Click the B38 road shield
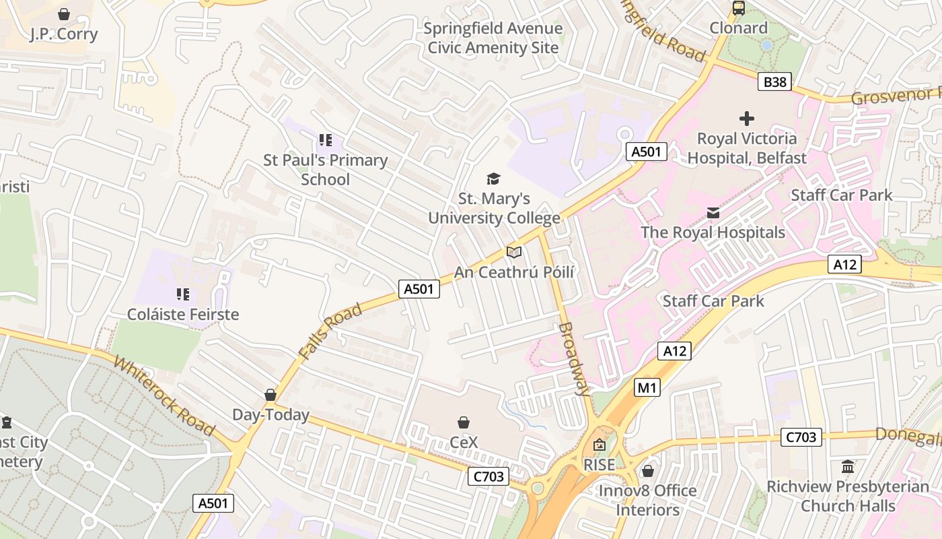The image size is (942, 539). pyautogui.click(x=774, y=82)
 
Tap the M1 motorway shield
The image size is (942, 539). pyautogui.click(x=647, y=387)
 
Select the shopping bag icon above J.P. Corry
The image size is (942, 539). pyautogui.click(x=64, y=14)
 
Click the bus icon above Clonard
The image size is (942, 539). pyautogui.click(x=738, y=8)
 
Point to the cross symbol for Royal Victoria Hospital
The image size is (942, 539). pyautogui.click(x=746, y=119)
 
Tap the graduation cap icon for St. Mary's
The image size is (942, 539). pyautogui.click(x=494, y=179)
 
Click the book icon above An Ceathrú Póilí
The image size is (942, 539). pyautogui.click(x=514, y=252)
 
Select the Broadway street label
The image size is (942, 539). pyautogui.click(x=574, y=358)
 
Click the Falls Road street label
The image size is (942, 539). pyautogui.click(x=330, y=331)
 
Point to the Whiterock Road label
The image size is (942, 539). pyautogui.click(x=164, y=397)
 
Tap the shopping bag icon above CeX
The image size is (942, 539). pyautogui.click(x=464, y=422)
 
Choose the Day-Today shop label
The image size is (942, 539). pyautogui.click(x=270, y=414)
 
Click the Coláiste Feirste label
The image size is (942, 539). pyautogui.click(x=183, y=314)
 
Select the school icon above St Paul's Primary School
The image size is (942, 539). pyautogui.click(x=326, y=140)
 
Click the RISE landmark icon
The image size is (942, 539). pyautogui.click(x=599, y=445)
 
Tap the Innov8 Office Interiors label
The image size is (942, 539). pyautogui.click(x=648, y=500)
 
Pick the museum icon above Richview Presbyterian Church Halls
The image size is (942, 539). pyautogui.click(x=848, y=466)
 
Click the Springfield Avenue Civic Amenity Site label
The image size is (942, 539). pyautogui.click(x=493, y=38)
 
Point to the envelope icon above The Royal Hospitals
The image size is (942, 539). pyautogui.click(x=713, y=213)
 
